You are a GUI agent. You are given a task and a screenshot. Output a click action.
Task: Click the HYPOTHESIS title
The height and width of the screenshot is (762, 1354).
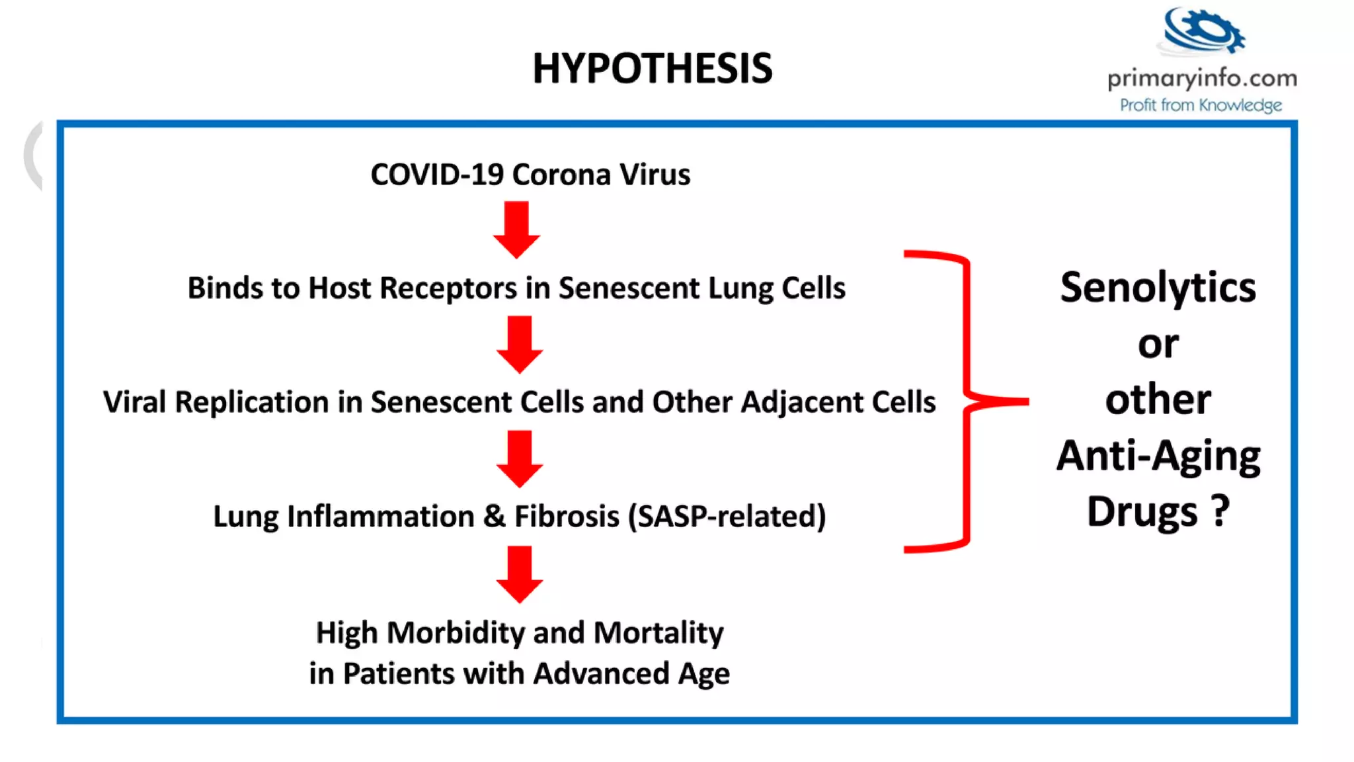coord(652,68)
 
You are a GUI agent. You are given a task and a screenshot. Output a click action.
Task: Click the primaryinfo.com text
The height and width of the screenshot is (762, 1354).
coord(1202,79)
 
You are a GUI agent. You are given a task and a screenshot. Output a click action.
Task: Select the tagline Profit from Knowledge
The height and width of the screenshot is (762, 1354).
coord(1201,105)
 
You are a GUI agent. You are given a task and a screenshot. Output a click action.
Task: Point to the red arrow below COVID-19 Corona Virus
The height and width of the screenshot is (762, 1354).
coord(516,230)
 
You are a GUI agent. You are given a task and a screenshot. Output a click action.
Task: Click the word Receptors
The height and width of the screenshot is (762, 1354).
coord(448,289)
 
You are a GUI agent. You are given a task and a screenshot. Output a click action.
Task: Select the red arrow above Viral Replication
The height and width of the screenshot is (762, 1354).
coord(520,344)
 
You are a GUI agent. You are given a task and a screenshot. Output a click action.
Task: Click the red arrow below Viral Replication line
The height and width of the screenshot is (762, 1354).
coord(520,458)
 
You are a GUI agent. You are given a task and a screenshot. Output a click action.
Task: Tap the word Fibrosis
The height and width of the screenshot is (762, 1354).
coord(567,517)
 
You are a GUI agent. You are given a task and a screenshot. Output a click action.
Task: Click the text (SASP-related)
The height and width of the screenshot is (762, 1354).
coord(727,517)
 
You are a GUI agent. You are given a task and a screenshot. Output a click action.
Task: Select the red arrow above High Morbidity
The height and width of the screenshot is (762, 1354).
coord(520,573)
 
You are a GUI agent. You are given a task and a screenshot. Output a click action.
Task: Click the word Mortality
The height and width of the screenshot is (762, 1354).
coord(658,633)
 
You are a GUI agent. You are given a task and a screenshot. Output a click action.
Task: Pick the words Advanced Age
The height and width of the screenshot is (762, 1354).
coord(631,674)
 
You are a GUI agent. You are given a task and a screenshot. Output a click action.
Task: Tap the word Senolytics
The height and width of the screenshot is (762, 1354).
coord(1158,288)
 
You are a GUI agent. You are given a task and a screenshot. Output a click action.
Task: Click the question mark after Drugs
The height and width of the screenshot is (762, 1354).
coord(1220,510)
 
